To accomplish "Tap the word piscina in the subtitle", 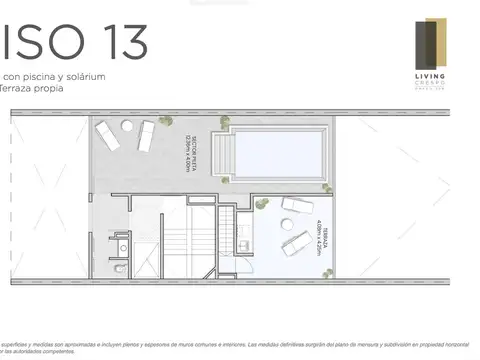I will (45, 76).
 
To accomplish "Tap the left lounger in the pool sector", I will (107, 134).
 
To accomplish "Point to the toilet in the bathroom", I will (121, 269).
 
